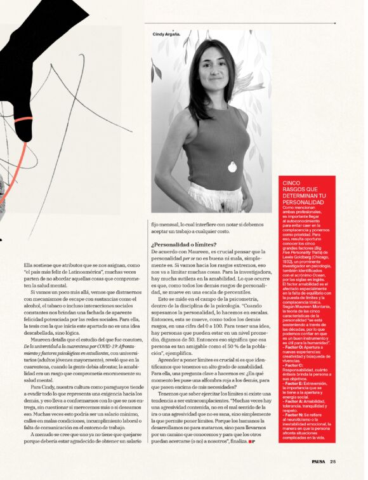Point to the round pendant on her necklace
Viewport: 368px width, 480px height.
point(232,168)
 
